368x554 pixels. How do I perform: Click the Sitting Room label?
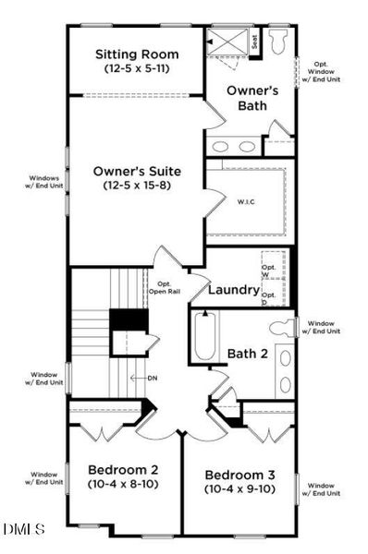[137, 54]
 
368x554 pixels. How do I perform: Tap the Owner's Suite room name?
[137, 171]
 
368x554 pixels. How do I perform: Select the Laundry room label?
[233, 290]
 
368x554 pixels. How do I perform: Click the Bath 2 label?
[248, 354]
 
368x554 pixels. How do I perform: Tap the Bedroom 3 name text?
[240, 476]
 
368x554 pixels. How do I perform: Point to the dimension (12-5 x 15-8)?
[137, 186]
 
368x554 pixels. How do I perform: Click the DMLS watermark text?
[24, 528]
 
